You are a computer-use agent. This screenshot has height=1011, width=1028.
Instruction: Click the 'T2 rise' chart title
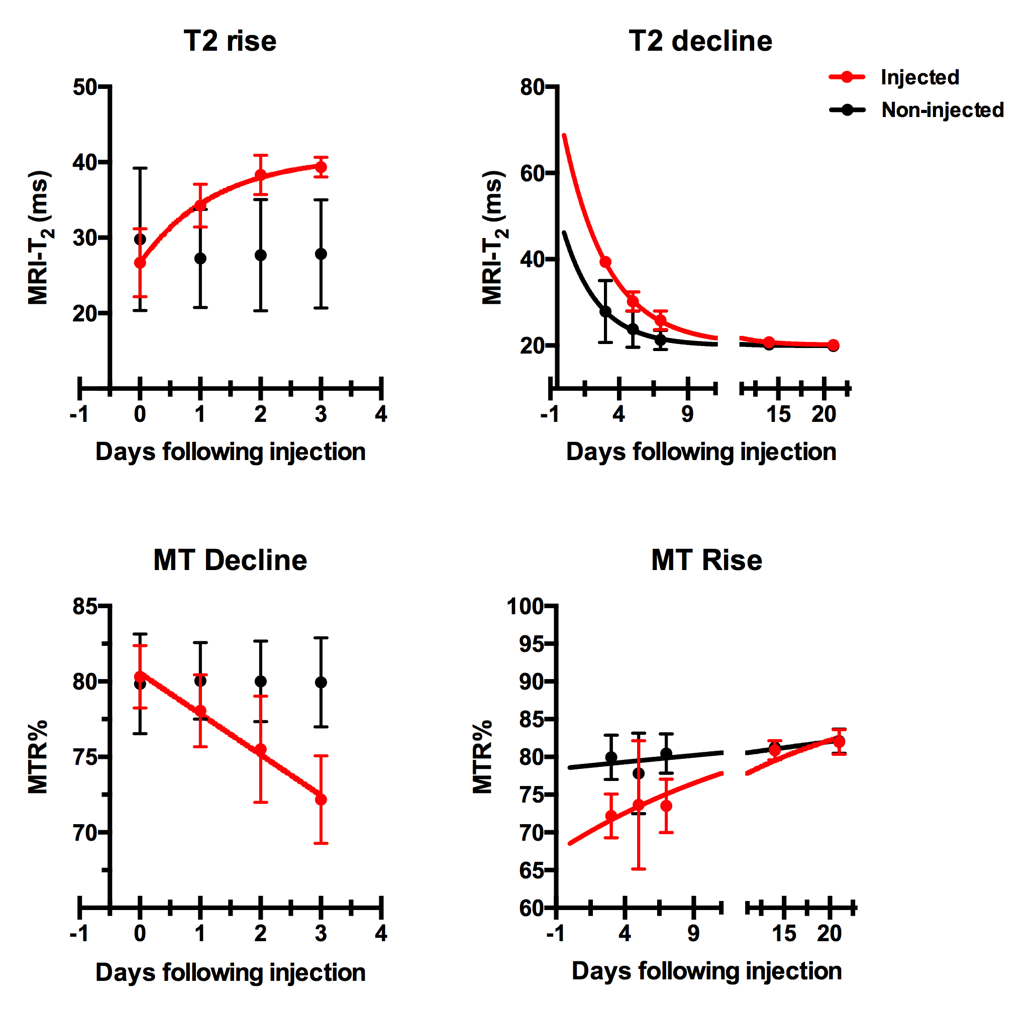click(230, 41)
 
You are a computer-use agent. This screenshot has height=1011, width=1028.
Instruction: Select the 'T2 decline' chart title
click(700, 41)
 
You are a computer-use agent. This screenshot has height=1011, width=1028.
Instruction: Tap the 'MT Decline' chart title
click(230, 560)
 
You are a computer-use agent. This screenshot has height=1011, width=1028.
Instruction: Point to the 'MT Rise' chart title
click(706, 560)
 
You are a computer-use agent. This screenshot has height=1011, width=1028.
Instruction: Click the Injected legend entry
click(919, 77)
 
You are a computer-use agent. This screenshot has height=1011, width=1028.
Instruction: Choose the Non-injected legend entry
click(942, 110)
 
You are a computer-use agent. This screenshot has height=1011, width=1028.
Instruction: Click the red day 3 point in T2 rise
click(321, 167)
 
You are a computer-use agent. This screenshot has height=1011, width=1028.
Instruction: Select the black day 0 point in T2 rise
click(140, 239)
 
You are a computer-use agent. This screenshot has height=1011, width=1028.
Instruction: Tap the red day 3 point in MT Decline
click(321, 799)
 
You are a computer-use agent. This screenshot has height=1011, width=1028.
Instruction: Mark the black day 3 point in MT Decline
click(321, 683)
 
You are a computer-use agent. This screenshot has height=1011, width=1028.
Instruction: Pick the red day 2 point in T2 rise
click(260, 175)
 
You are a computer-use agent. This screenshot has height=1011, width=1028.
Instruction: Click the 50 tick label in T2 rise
click(85, 87)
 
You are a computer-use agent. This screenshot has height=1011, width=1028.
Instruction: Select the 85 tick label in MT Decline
click(85, 606)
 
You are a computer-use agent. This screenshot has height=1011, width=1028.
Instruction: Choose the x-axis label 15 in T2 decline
click(778, 414)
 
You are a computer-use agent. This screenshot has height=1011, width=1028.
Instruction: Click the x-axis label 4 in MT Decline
click(381, 934)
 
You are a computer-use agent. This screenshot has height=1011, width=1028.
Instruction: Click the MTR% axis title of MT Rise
click(482, 757)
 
